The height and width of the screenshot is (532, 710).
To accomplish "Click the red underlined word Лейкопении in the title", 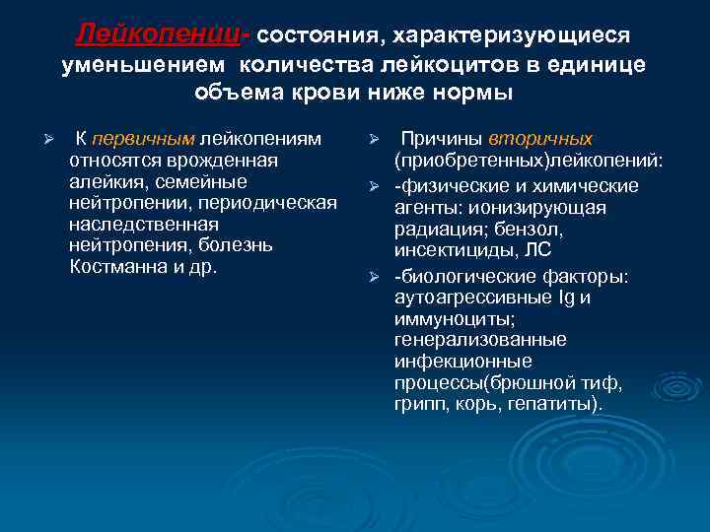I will tap(163, 33).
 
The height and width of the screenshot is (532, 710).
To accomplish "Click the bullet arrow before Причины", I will tap(374, 140).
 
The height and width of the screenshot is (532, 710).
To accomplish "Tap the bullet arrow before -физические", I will tap(374, 187).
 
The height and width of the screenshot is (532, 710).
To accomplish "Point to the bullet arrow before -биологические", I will tap(374, 275).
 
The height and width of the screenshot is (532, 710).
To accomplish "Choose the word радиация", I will tap(433, 230).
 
